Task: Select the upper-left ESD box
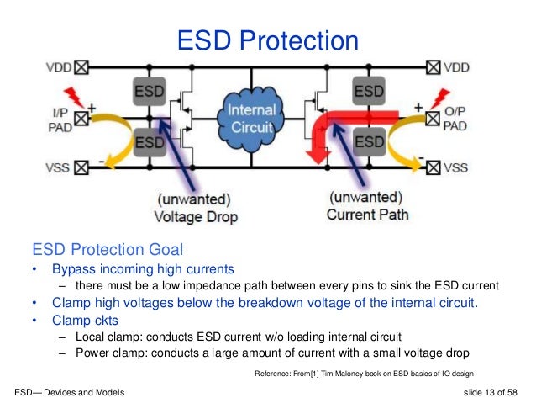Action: point(150,89)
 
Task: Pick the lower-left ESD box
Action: point(150,142)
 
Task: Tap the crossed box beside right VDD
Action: point(434,66)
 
